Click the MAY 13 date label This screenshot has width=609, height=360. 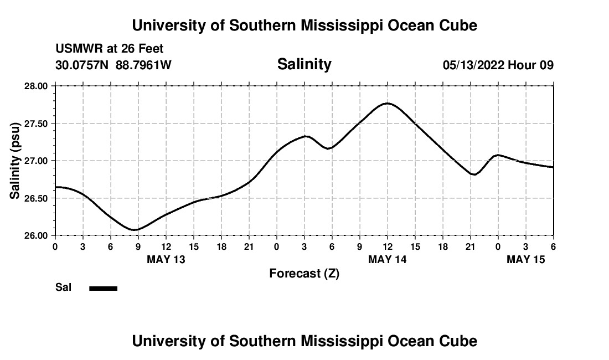click(x=166, y=260)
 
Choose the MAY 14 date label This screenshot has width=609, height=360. click(x=388, y=260)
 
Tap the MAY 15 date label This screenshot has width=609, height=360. click(x=526, y=260)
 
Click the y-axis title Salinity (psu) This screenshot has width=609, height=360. click(x=15, y=161)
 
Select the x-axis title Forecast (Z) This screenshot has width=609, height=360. click(x=304, y=274)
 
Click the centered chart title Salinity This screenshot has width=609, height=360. click(x=304, y=64)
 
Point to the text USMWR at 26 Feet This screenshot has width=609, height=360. click(x=110, y=49)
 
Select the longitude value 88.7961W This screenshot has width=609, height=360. click(x=143, y=65)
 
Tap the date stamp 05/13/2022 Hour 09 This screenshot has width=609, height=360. click(x=498, y=65)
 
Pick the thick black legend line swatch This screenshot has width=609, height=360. click(x=104, y=288)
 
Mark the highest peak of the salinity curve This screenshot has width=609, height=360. click(x=387, y=103)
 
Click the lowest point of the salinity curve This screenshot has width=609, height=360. click(x=135, y=229)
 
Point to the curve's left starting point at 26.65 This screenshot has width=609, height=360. click(x=55, y=187)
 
